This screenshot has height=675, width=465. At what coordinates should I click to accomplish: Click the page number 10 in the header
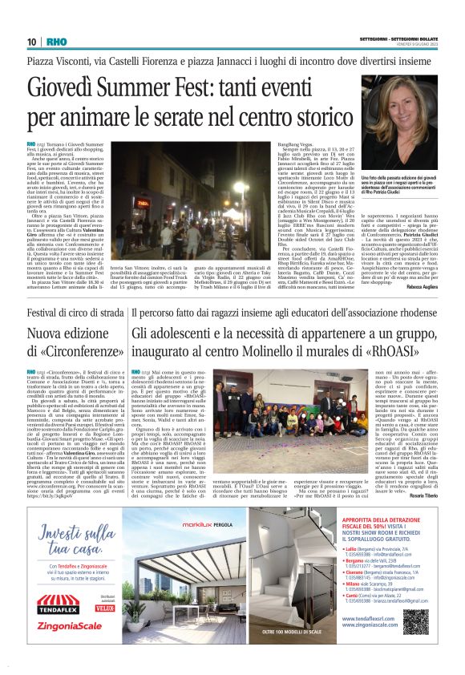(31, 42)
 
